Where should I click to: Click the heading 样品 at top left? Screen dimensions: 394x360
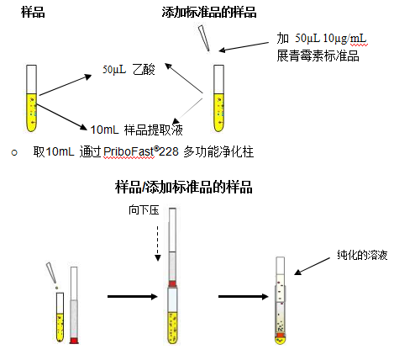tap(33, 13)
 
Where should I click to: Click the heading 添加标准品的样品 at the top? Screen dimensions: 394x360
tap(209, 13)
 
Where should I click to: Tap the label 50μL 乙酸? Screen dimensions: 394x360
tap(129, 70)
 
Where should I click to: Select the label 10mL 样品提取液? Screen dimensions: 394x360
tap(137, 130)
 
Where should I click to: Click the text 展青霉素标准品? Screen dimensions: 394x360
tap(318, 56)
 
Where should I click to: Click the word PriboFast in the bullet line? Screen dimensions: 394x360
tap(129, 152)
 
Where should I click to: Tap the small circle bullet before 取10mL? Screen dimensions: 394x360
tap(14, 153)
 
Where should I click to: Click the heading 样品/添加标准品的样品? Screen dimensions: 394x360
tap(184, 187)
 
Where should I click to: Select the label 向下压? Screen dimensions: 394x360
tap(144, 209)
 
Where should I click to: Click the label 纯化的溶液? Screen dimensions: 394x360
tap(362, 255)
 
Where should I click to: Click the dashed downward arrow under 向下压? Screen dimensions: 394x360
tap(158, 244)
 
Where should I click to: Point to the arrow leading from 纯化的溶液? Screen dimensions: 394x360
tap(312, 267)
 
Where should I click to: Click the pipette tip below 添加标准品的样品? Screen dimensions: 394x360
tap(204, 39)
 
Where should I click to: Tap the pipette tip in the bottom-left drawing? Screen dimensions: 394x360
tap(51, 273)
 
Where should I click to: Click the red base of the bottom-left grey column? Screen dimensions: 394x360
tap(74, 341)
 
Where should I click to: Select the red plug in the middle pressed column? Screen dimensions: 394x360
tap(172, 283)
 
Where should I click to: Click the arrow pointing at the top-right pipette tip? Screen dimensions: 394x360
tap(244, 47)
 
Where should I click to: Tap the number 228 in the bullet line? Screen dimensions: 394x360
tap(169, 152)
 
